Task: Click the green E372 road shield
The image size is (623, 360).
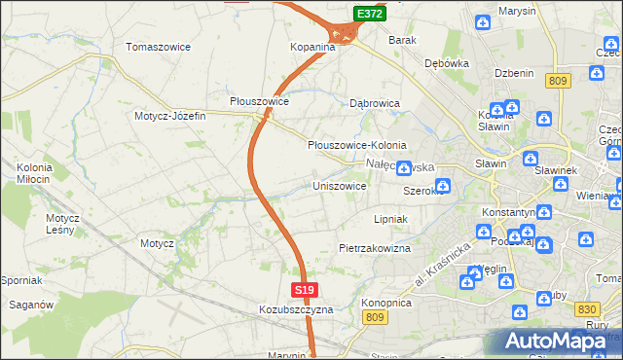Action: [x=369, y=15]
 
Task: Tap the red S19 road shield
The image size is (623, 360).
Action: [x=305, y=290]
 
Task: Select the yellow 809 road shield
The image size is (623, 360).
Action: [x=558, y=82]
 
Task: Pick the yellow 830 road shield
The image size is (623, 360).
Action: [x=586, y=307]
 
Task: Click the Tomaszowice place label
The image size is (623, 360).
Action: [x=159, y=47]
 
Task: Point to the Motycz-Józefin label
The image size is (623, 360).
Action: [x=170, y=116]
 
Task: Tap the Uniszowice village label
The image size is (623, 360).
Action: [x=339, y=185]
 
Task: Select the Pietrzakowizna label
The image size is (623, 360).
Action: [x=375, y=249]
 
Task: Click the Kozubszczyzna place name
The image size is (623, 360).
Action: [x=296, y=309]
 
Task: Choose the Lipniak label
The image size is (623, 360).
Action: [x=389, y=220]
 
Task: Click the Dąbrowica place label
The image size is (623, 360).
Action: [x=376, y=102]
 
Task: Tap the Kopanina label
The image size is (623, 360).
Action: [x=312, y=47]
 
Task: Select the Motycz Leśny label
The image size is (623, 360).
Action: [x=61, y=224]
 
